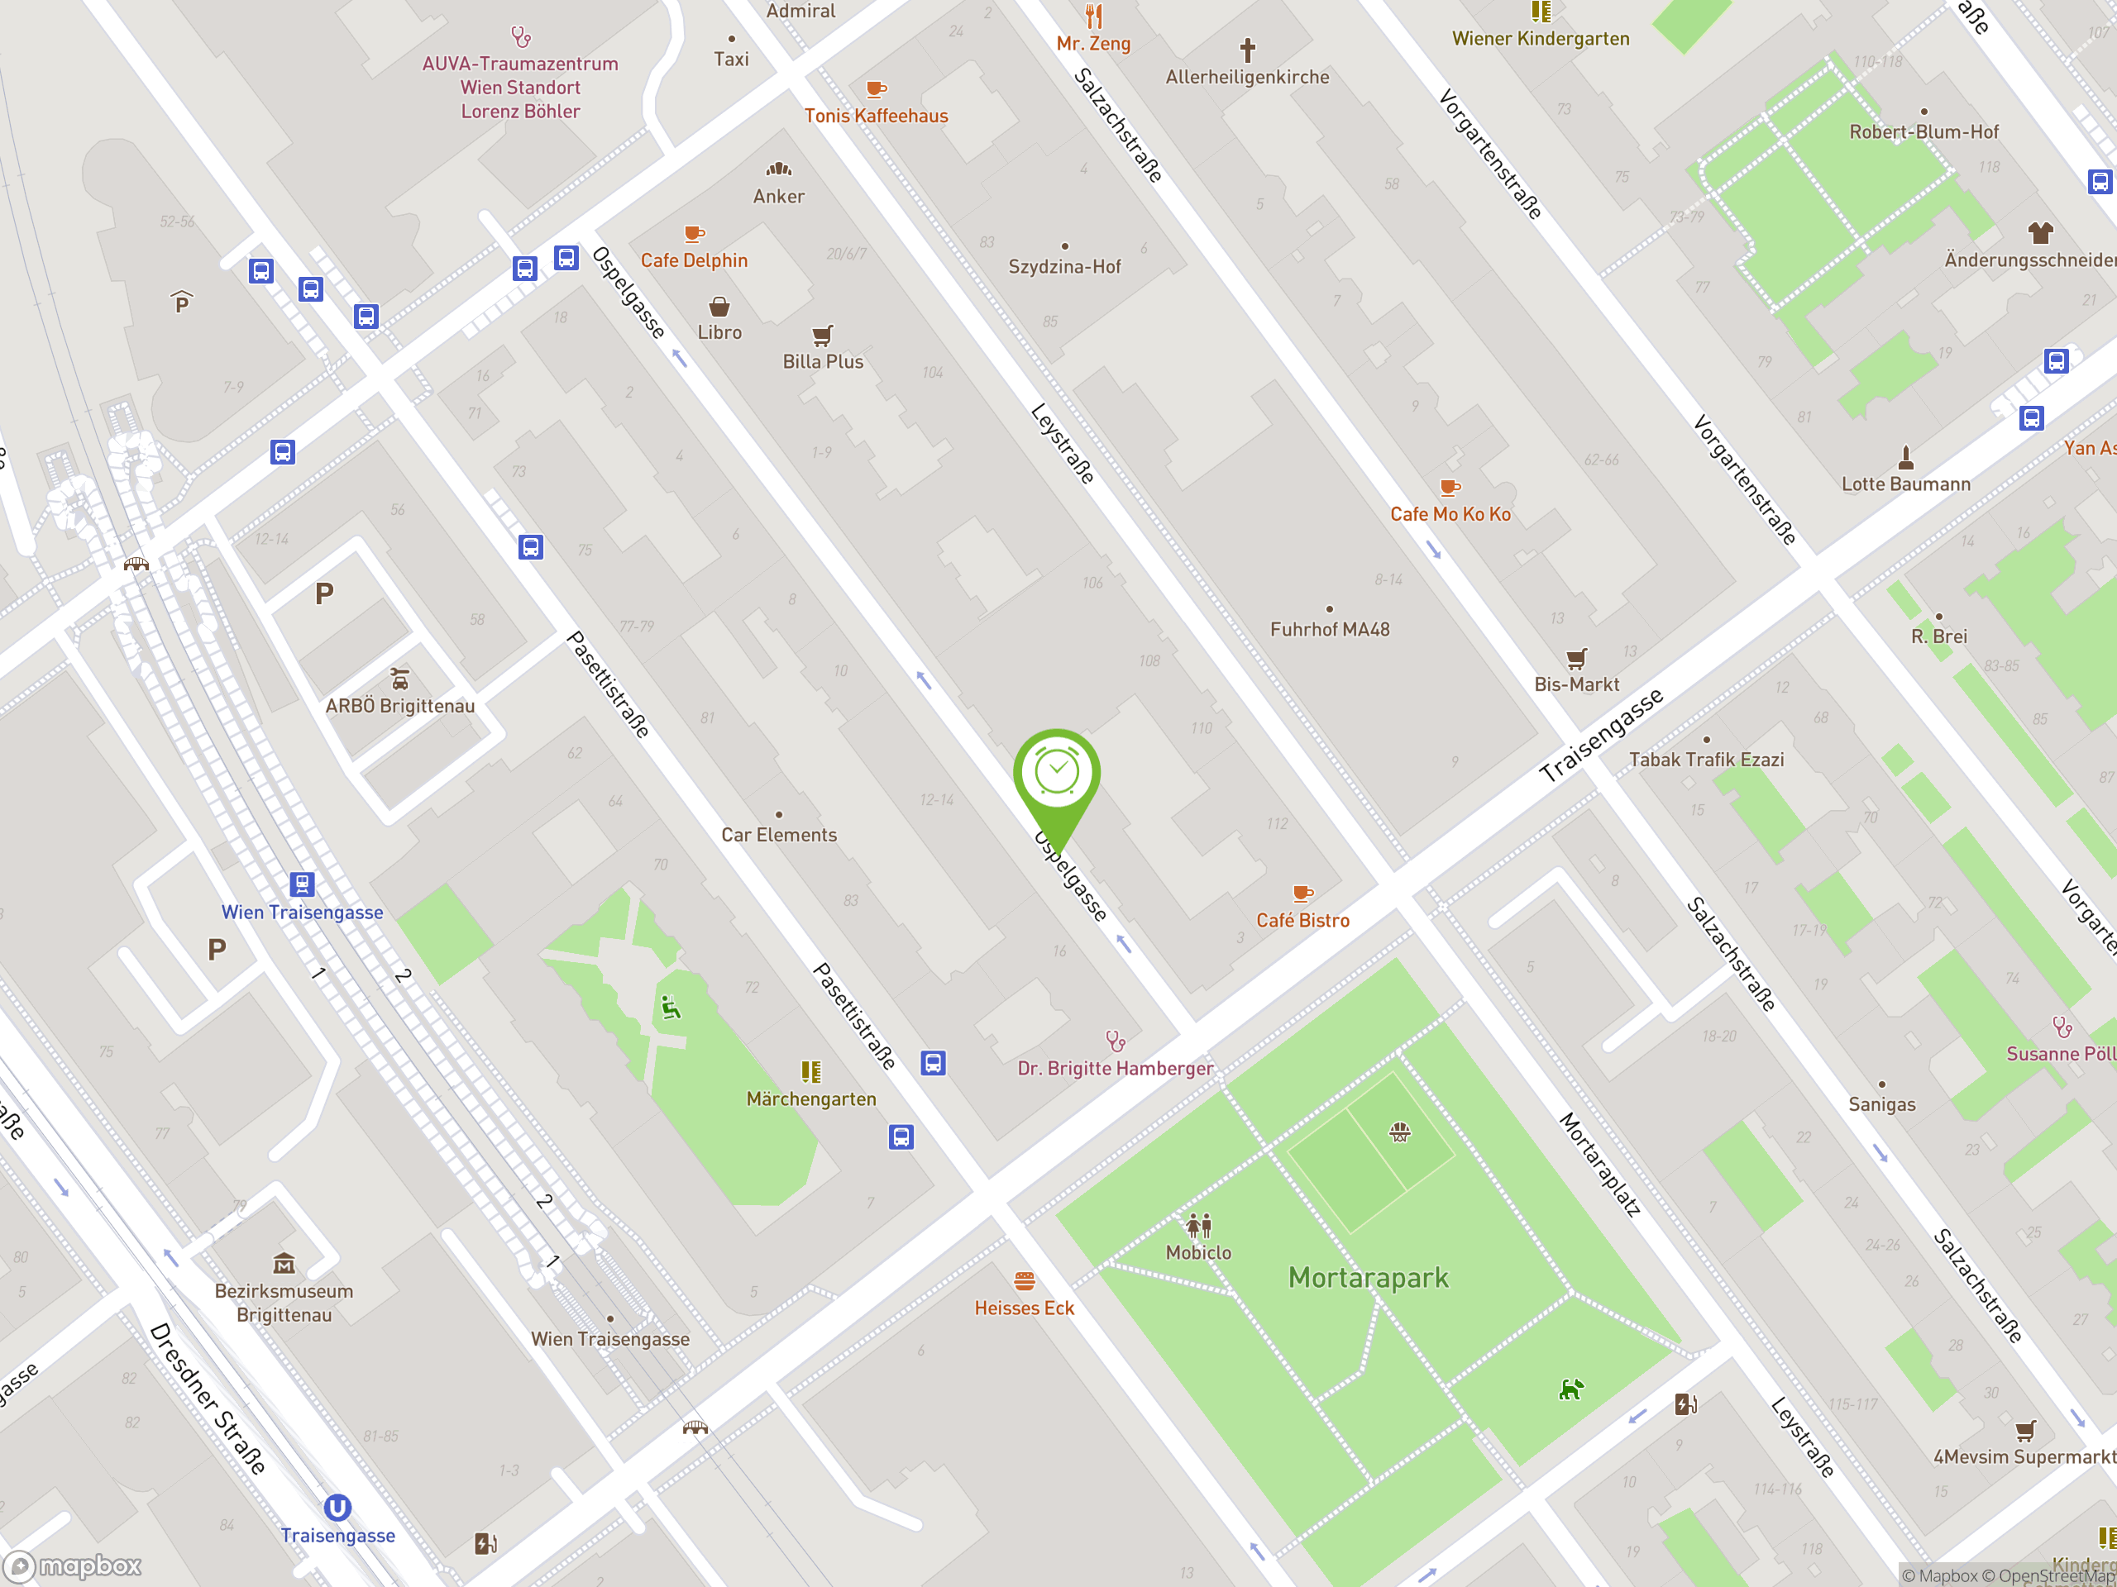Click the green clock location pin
coord(1057,773)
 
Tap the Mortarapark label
coord(1368,1278)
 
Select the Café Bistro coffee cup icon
coord(1302,894)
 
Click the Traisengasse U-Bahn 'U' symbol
coord(337,1508)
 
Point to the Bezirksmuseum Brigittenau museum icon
coord(284,1265)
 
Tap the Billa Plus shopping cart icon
coord(822,335)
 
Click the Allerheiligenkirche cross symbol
coord(1247,49)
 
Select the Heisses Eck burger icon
coord(1024,1281)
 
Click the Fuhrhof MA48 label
coord(1330,630)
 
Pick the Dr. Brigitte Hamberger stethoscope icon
coord(1115,1041)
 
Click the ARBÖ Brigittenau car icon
coord(400,679)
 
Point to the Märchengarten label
coord(810,1099)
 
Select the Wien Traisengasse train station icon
coord(303,884)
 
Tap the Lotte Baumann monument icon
coord(1905,457)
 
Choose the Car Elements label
coord(779,835)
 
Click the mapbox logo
coord(74,1566)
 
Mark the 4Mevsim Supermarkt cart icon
coord(2025,1431)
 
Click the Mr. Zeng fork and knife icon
coord(1094,17)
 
